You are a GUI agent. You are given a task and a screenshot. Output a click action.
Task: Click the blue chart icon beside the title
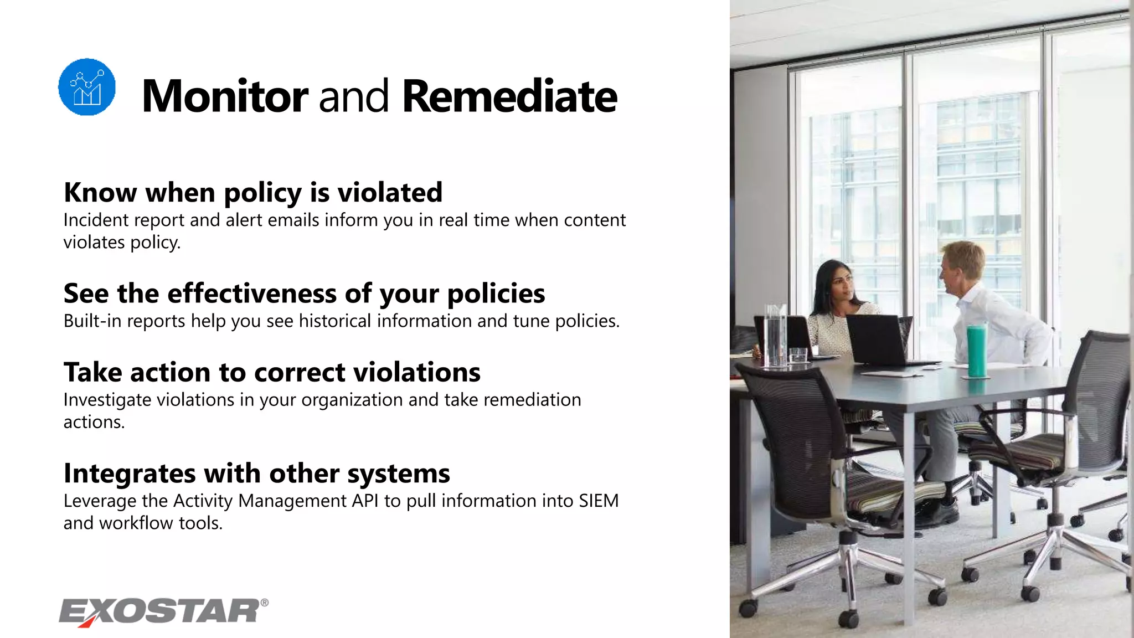87,87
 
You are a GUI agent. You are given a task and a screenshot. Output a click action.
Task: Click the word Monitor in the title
224,96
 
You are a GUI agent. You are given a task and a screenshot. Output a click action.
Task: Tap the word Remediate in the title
509,96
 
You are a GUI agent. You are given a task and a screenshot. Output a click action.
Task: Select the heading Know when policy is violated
253,193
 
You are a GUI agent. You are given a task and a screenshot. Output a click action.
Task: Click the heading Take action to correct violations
272,372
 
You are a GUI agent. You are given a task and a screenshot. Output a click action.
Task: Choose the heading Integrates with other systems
256,474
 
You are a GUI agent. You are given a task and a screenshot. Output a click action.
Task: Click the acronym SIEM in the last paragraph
599,501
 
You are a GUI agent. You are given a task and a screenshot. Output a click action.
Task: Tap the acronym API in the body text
365,501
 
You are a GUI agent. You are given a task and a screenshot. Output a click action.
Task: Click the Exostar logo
159,611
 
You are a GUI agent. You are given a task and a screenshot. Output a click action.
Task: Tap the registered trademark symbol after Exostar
265,603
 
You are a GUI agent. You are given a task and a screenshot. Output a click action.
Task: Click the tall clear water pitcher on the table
775,335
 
